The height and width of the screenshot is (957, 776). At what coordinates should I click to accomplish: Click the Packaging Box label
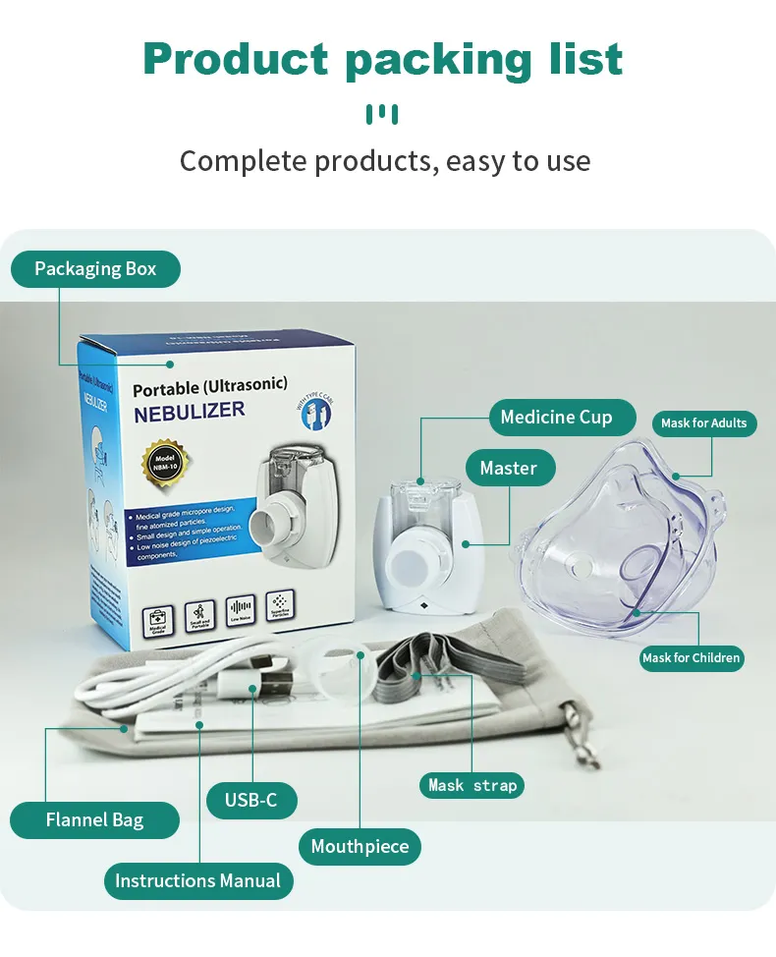tap(95, 268)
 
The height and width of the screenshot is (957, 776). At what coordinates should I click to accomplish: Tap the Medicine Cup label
tap(556, 417)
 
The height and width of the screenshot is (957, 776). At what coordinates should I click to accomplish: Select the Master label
tap(509, 468)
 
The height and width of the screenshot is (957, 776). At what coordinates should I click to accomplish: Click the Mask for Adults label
tap(703, 422)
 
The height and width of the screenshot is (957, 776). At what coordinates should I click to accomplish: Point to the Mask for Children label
tap(692, 657)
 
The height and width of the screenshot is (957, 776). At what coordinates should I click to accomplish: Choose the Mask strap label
tap(472, 785)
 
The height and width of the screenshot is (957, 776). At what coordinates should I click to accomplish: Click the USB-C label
tap(250, 800)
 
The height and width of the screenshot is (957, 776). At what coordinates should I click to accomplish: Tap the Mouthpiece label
tap(360, 846)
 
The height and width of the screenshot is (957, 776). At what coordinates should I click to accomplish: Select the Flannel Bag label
tap(94, 819)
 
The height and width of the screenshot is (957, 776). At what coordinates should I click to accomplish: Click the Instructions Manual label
tap(197, 880)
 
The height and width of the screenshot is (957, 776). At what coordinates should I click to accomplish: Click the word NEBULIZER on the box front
tap(190, 411)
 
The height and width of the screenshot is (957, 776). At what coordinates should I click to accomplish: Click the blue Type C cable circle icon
tap(315, 411)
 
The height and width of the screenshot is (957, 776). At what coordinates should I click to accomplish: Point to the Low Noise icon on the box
tap(241, 610)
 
